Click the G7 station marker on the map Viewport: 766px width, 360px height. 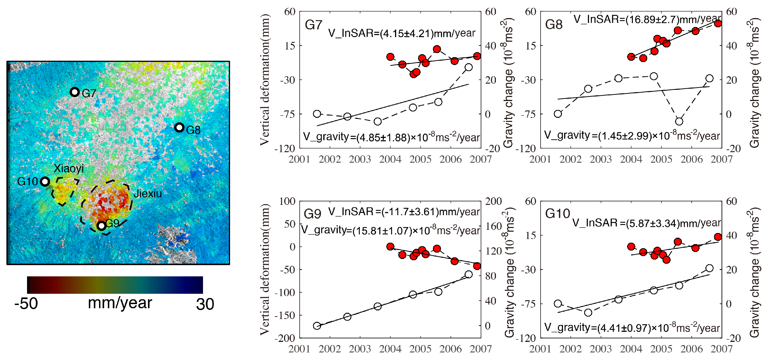coord(74,92)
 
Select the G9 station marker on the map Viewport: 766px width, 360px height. coord(102,226)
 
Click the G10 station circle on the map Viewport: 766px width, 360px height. coord(45,181)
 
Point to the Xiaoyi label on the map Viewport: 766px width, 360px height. coord(69,169)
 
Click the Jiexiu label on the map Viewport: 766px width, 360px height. coord(148,194)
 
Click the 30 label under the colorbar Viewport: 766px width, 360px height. coord(205,304)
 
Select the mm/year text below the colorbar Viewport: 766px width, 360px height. coord(120,303)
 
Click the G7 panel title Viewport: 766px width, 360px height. coord(313,25)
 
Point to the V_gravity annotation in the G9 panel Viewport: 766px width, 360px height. coord(390,230)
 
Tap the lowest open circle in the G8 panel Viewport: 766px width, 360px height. coord(679,121)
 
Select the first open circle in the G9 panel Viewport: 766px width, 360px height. coord(317,326)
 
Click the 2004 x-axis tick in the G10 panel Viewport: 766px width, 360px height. coord(631,349)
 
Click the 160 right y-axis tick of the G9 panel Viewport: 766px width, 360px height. coord(494,226)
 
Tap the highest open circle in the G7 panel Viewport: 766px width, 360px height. coord(469,67)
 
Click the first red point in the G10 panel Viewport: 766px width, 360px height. coord(631,246)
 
